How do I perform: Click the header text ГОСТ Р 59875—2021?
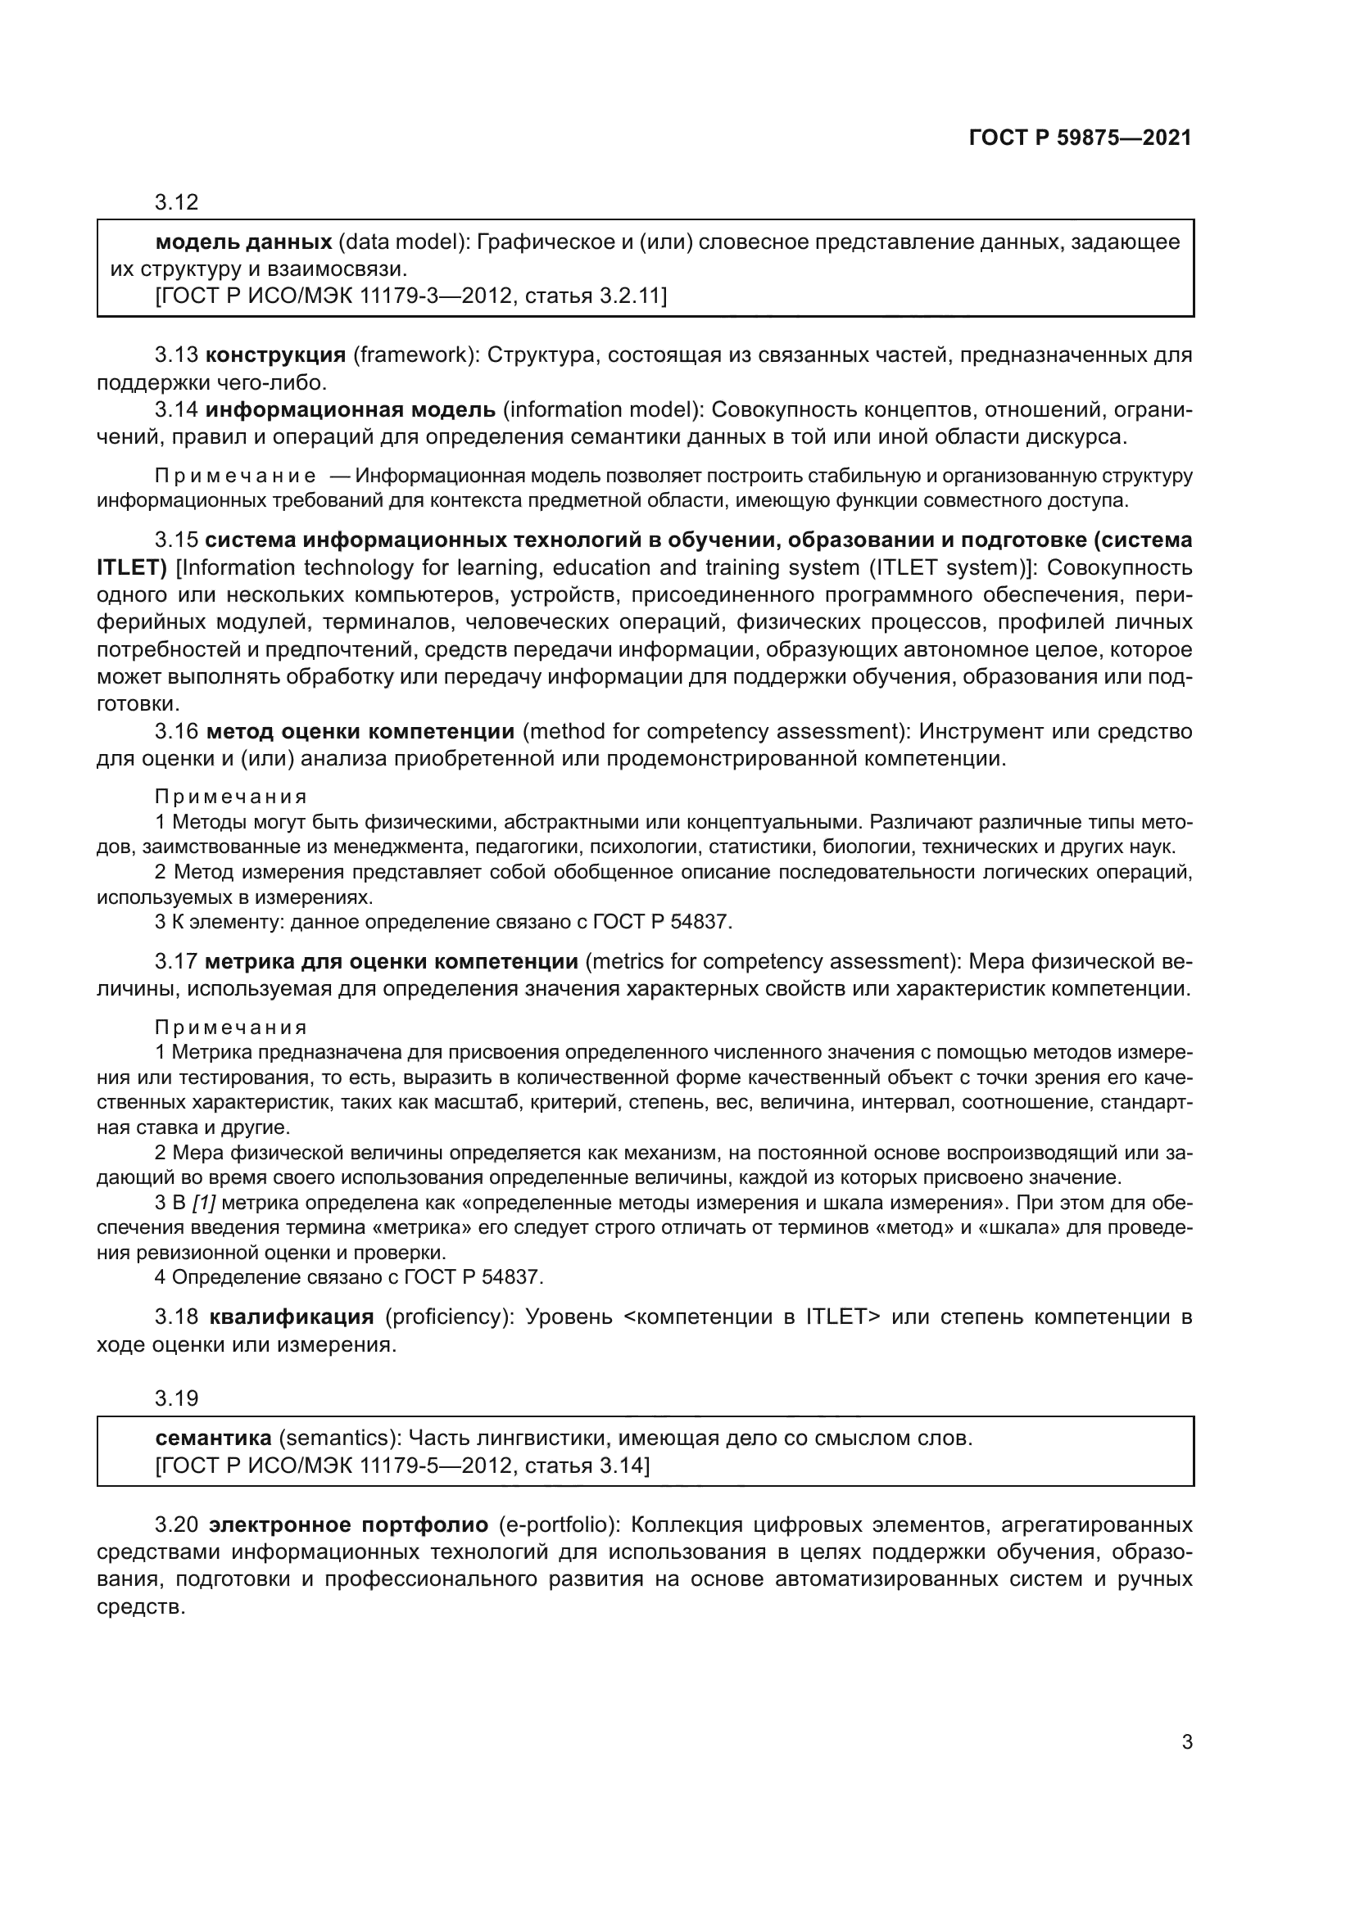(1080, 138)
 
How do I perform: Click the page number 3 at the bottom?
(1186, 1742)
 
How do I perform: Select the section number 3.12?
(176, 203)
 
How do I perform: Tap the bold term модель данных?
(243, 242)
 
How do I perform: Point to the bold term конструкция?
(275, 355)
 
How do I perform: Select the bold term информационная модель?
(351, 410)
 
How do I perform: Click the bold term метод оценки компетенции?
(360, 732)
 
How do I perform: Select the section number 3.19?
(176, 1398)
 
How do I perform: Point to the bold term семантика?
(214, 1439)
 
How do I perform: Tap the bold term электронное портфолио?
(349, 1525)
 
